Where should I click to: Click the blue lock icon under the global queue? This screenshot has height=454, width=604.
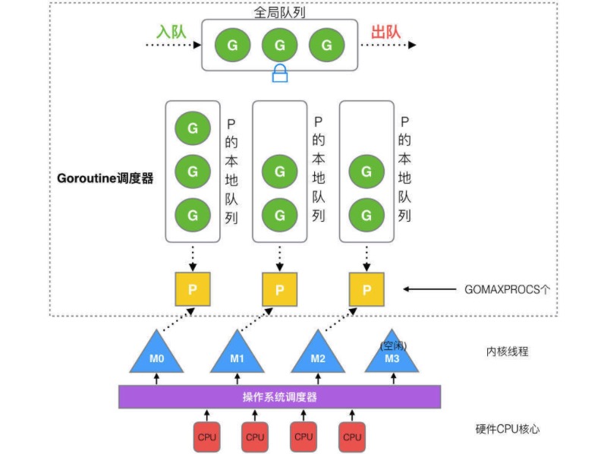(281, 73)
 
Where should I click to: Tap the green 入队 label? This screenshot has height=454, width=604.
(172, 33)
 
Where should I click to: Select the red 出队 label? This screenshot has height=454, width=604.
(385, 33)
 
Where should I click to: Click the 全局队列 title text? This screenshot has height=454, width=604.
(280, 12)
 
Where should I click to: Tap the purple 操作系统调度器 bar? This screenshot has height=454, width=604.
(279, 397)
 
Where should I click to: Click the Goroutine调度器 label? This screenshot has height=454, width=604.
(105, 179)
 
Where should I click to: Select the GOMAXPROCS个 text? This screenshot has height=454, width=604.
(507, 289)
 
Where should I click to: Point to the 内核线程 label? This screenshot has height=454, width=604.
(507, 352)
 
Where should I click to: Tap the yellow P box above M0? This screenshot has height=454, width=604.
(193, 289)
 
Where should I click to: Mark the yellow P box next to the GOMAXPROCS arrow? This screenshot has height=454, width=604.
(367, 289)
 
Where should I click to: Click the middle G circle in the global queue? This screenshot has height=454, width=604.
(280, 46)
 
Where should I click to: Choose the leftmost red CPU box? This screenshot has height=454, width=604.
(206, 437)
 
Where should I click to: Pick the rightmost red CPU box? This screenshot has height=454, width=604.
(352, 437)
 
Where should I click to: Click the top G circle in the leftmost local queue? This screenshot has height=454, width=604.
(193, 128)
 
